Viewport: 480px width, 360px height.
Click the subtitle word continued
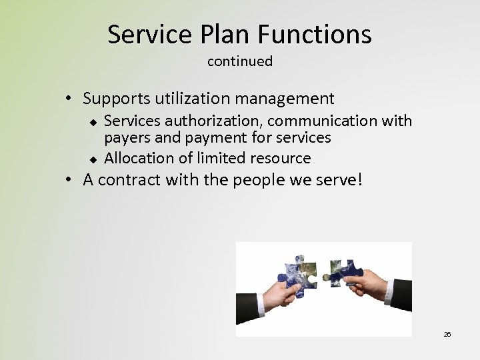coord(240,61)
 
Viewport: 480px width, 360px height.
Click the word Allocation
coord(137,158)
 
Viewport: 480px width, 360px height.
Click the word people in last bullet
coord(263,180)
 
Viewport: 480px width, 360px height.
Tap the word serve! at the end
coord(341,180)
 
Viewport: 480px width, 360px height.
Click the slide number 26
coord(447,334)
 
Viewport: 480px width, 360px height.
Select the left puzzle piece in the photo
coord(298,273)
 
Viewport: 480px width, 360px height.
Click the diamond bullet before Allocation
coord(93,159)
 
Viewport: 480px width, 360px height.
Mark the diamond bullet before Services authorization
coord(93,121)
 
